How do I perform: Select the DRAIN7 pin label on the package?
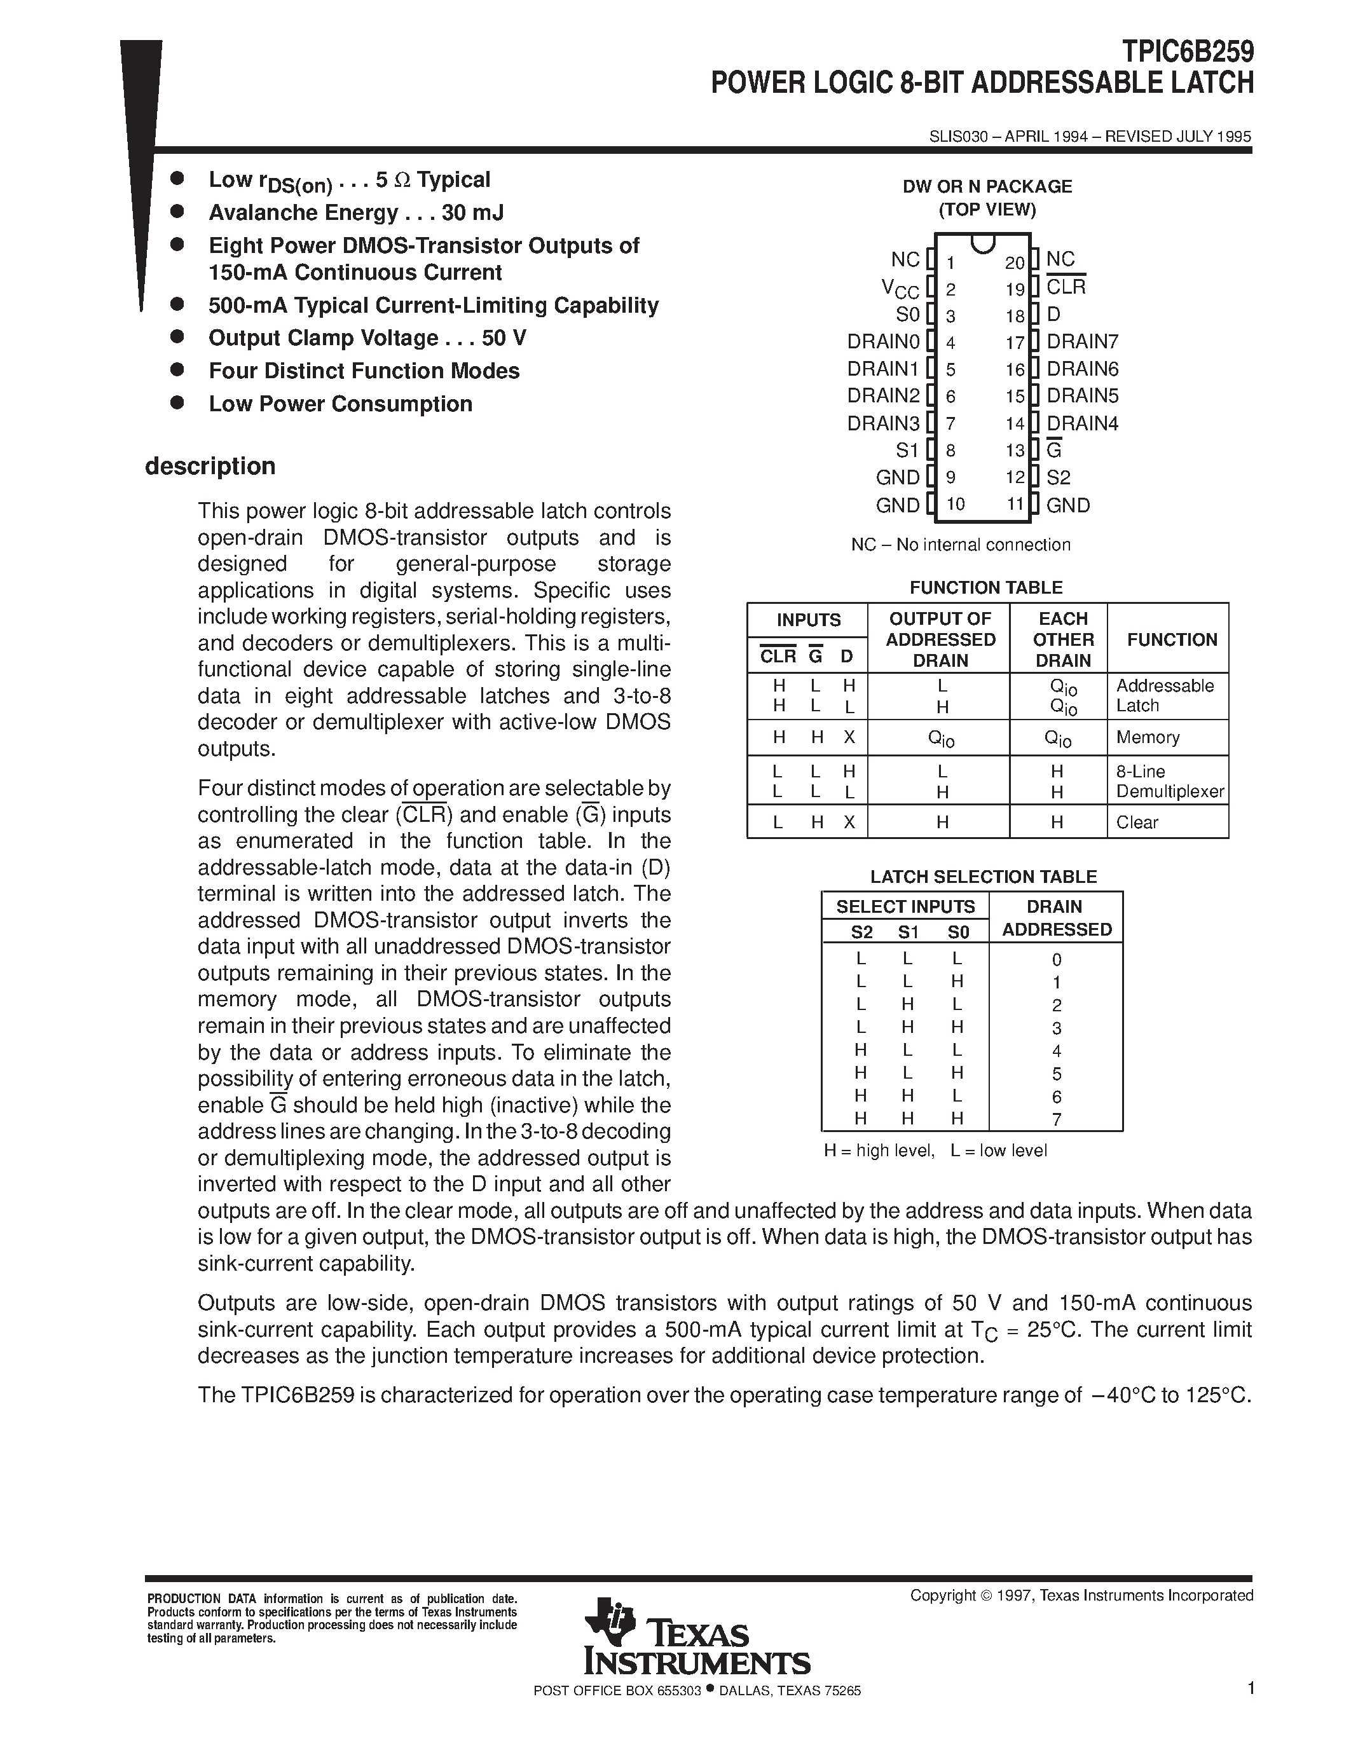pyautogui.click(x=1082, y=342)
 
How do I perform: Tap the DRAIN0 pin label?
pyautogui.click(x=884, y=342)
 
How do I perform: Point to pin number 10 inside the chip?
pyautogui.click(x=955, y=504)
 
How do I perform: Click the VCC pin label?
pyautogui.click(x=900, y=288)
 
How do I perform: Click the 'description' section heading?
pyautogui.click(x=210, y=466)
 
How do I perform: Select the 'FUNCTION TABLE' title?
pyautogui.click(x=986, y=587)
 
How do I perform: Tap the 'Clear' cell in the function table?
pyautogui.click(x=1137, y=822)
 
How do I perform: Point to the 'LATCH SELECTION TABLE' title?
pyautogui.click(x=983, y=877)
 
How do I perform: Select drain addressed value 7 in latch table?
pyautogui.click(x=1057, y=1119)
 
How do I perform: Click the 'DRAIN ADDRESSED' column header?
pyautogui.click(x=1057, y=918)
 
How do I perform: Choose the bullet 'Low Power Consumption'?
pyautogui.click(x=340, y=404)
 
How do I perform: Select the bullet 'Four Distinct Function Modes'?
pyautogui.click(x=364, y=371)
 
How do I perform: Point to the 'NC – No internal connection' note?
pyautogui.click(x=961, y=545)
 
